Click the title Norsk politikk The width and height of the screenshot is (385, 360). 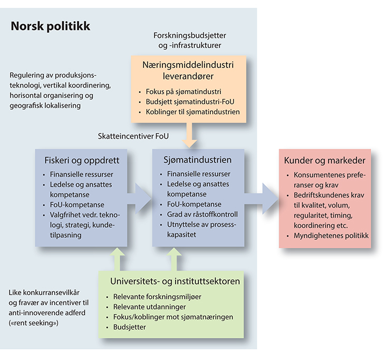(51, 26)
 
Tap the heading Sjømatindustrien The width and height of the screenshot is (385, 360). (195, 160)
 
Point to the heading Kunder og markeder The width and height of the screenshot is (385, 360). (324, 160)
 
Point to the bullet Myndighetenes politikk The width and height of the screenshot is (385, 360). (332, 236)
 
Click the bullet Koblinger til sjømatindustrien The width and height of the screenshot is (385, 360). (192, 112)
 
